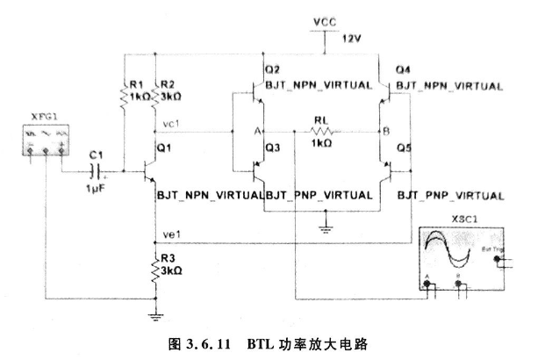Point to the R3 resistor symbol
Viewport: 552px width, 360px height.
[155, 268]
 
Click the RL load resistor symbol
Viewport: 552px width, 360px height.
[322, 132]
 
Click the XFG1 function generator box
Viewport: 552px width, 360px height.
[45, 141]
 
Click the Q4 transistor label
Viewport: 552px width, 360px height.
[404, 69]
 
